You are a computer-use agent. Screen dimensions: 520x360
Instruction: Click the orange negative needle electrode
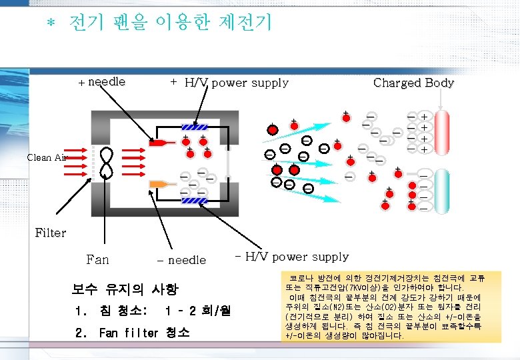tap(160, 183)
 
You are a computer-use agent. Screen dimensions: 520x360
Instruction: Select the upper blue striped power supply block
tap(195, 127)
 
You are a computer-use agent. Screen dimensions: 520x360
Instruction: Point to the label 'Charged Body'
tap(413, 83)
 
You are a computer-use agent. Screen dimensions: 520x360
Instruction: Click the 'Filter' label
tap(50, 233)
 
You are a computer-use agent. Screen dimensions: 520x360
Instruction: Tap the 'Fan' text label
tap(97, 259)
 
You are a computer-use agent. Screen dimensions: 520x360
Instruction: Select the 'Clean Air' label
tap(47, 157)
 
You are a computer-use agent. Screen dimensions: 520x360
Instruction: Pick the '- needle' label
tap(181, 260)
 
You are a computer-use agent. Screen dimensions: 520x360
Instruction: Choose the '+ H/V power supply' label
tap(229, 83)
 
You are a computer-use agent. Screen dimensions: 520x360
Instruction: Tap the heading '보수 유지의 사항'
tap(125, 289)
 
